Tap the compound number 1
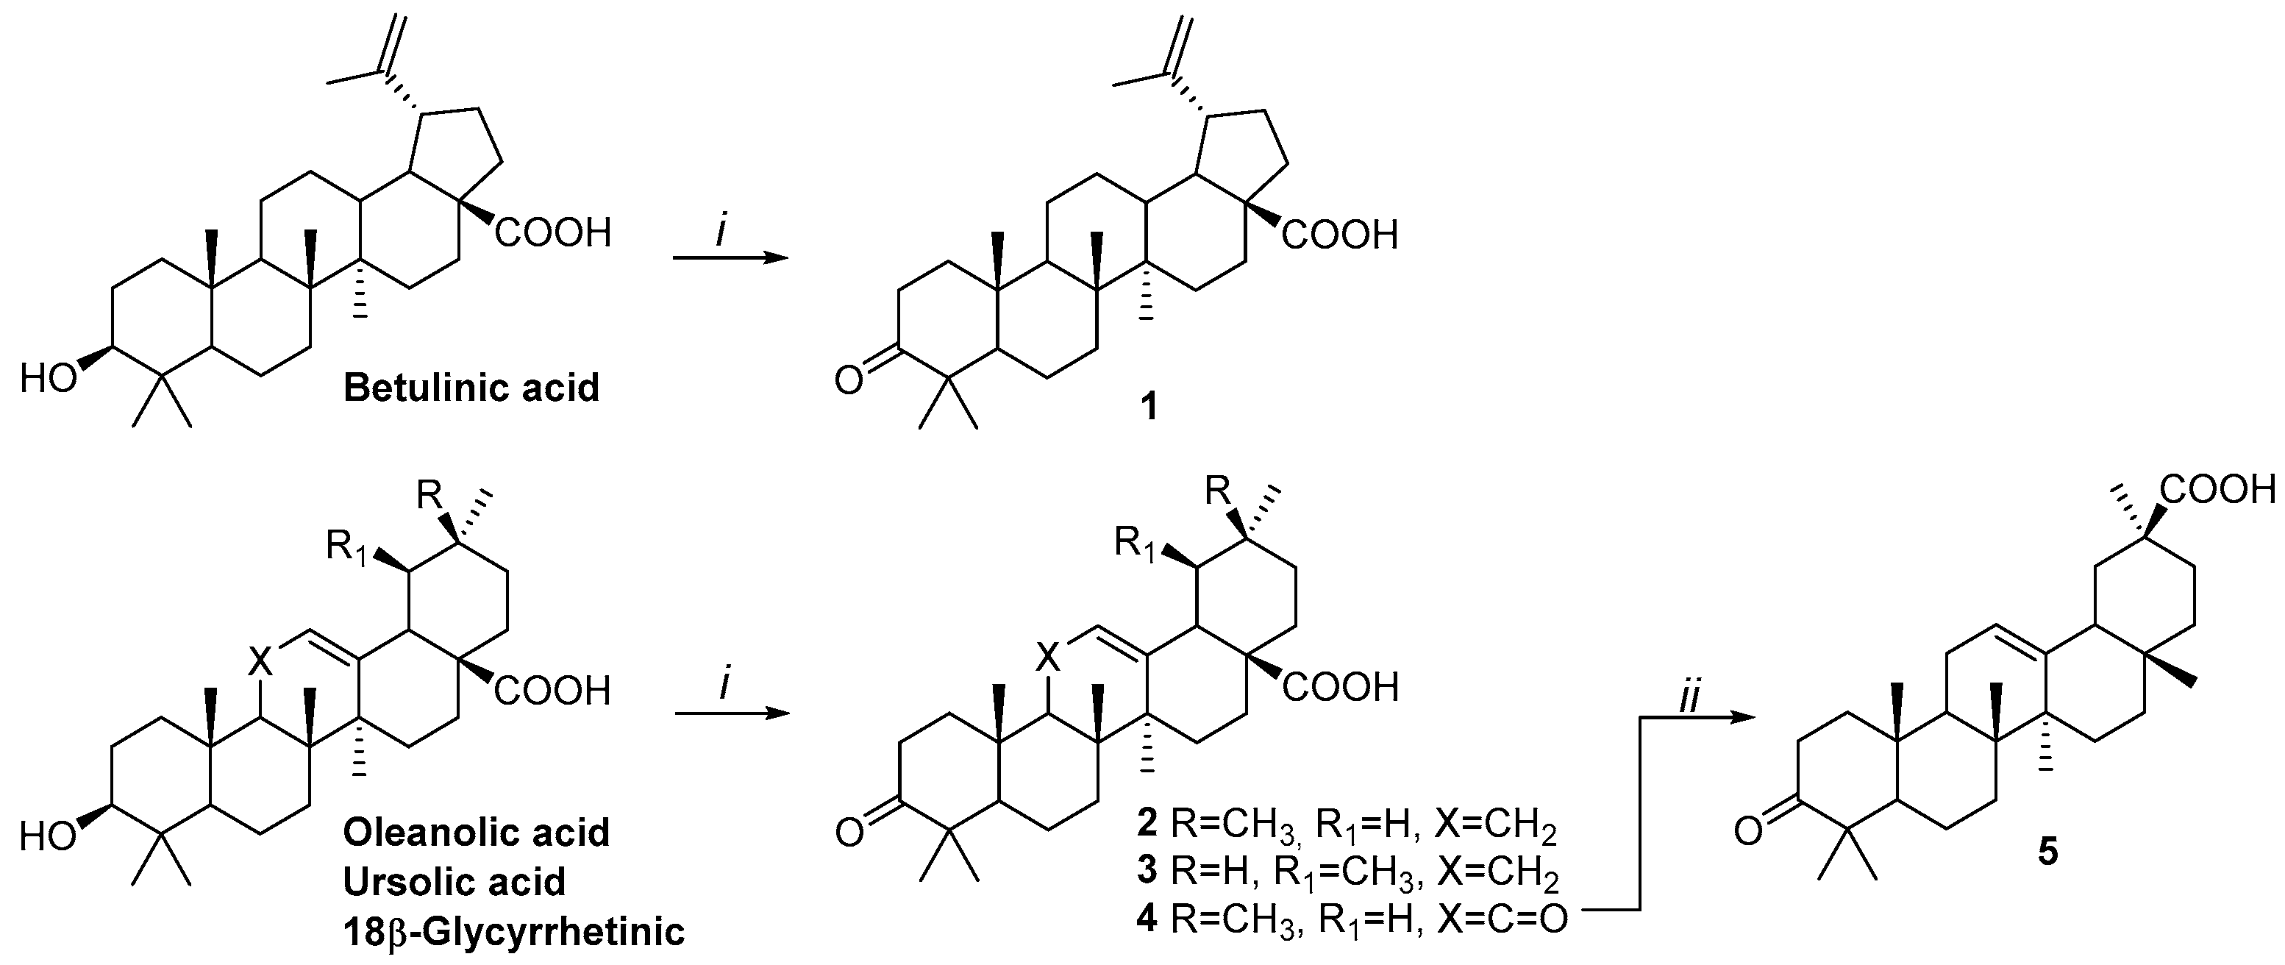tap(1149, 407)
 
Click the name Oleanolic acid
tap(477, 833)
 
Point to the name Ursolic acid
tap(454, 882)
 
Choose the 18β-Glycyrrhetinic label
tap(513, 932)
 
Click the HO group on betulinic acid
tap(48, 379)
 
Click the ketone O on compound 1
tap(848, 382)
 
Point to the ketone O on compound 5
tap(1747, 832)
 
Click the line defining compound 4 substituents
tap(1351, 919)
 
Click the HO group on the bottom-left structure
tap(48, 836)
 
